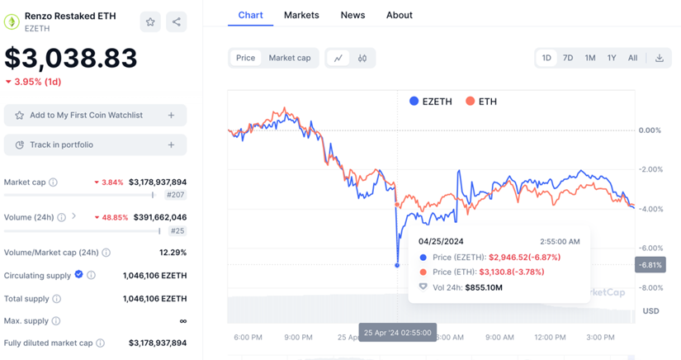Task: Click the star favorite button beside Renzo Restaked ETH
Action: coord(150,22)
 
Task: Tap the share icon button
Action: coord(177,22)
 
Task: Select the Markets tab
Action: coord(301,15)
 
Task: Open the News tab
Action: coord(352,15)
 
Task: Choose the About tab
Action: coord(400,15)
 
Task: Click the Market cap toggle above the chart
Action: coord(290,58)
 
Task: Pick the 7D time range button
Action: coord(568,58)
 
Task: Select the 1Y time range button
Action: coord(612,58)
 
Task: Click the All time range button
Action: coord(632,58)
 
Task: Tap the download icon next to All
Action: coord(660,58)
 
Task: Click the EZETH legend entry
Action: coord(430,102)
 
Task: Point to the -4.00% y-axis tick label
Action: coord(650,209)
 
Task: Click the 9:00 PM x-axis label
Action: coord(299,337)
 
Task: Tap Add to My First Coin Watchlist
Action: coord(95,116)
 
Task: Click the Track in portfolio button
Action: coord(95,145)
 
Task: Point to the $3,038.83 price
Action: coord(71,58)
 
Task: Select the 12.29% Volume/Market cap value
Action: coord(173,253)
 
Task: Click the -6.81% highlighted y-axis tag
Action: coord(649,265)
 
